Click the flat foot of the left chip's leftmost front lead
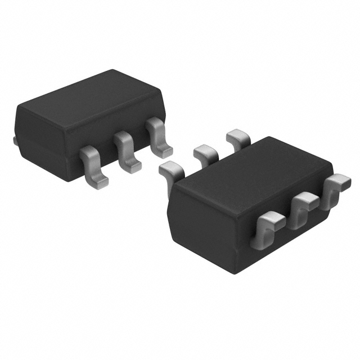[97, 178]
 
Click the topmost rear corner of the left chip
[112, 71]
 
